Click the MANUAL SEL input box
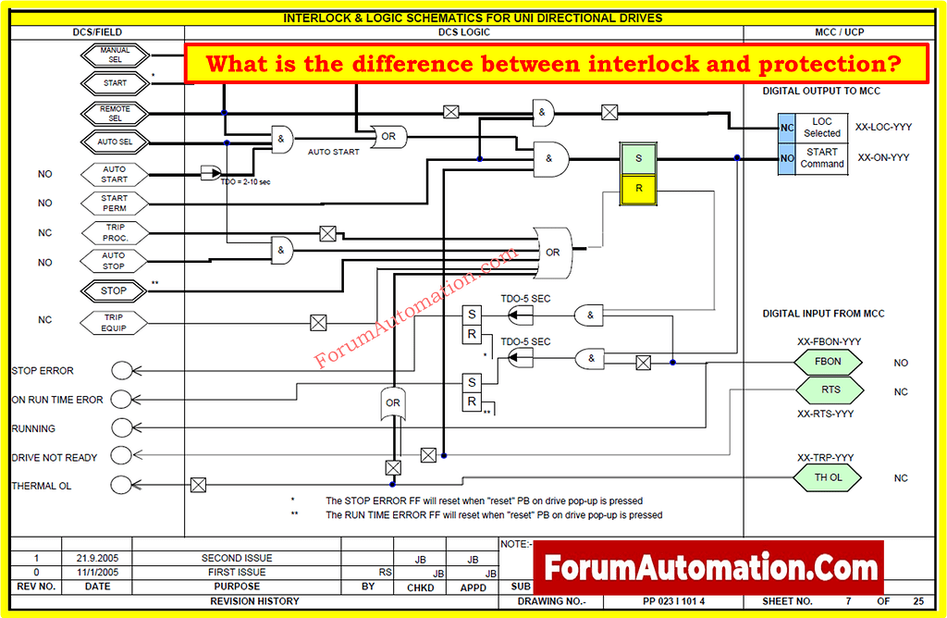click(116, 55)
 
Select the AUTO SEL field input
click(116, 142)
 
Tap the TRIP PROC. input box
click(115, 232)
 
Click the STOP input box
click(114, 290)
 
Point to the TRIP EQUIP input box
click(115, 323)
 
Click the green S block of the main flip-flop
click(638, 158)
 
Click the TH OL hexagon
click(829, 477)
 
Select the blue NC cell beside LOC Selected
click(786, 128)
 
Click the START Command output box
click(822, 158)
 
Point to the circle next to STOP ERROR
click(122, 370)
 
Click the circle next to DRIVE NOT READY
click(122, 457)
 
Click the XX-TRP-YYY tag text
click(825, 458)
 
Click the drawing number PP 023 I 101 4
click(674, 601)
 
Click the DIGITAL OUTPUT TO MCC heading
click(821, 92)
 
